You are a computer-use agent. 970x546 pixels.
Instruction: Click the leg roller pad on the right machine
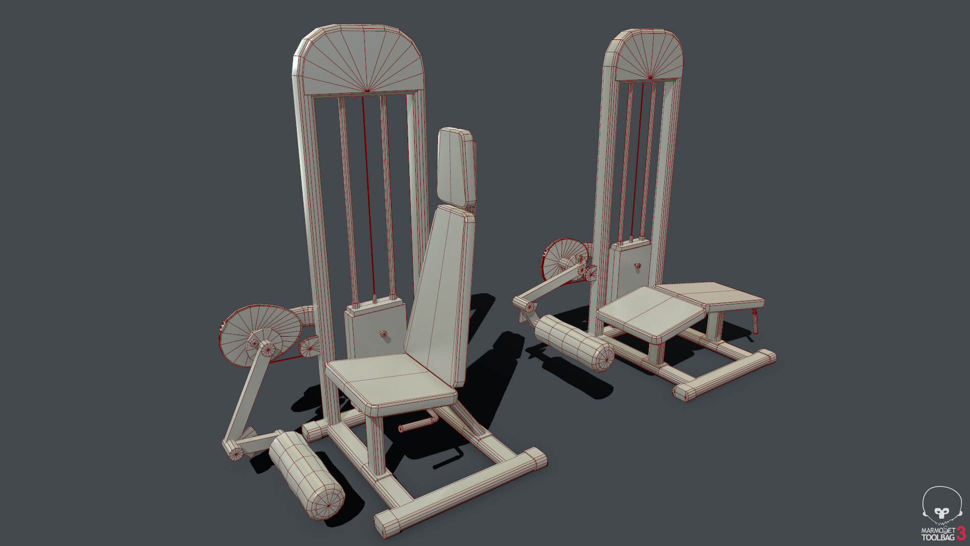click(x=575, y=343)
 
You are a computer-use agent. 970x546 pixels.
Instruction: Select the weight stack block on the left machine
click(x=375, y=331)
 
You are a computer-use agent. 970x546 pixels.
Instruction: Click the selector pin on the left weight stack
click(x=384, y=334)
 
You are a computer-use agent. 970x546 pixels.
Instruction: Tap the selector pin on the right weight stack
click(x=638, y=265)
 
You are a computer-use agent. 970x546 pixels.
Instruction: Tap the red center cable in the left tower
click(x=368, y=192)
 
